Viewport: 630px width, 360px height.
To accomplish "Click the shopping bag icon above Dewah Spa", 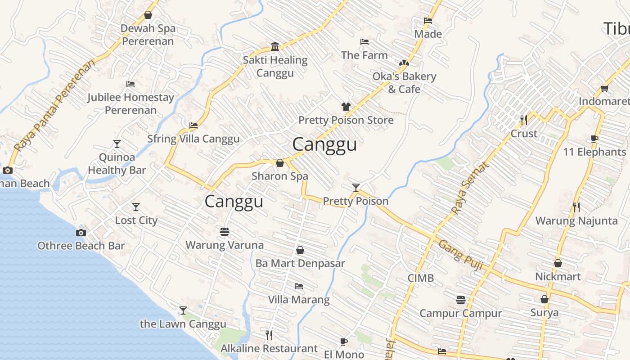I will (148, 15).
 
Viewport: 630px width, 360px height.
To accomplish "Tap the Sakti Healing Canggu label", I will (275, 66).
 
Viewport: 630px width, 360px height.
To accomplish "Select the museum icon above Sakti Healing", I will (275, 46).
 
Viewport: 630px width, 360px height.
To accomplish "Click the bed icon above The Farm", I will (364, 42).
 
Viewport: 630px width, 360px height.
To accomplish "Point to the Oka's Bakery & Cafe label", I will (404, 82).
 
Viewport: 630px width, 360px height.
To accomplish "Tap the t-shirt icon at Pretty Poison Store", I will (346, 107).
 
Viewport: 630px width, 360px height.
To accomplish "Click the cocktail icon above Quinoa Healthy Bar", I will (117, 144).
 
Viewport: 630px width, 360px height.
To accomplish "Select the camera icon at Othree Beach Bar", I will (81, 233).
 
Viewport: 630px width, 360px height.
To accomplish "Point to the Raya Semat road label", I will (469, 188).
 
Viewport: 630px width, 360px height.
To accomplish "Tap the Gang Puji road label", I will (460, 255).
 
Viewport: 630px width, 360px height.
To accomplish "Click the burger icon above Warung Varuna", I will (225, 232).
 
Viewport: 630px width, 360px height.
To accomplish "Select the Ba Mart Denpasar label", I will (300, 263).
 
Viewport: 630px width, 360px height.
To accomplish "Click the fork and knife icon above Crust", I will (524, 120).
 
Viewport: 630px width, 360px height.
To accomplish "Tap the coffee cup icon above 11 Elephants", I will (594, 139).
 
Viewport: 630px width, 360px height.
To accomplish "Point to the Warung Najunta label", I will (576, 221).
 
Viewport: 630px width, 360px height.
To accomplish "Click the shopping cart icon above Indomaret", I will (604, 88).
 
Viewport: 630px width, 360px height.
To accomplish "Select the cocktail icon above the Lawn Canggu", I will (183, 310).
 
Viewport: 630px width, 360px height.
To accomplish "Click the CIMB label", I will (421, 278).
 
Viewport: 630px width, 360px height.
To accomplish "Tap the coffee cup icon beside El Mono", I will (344, 342).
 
